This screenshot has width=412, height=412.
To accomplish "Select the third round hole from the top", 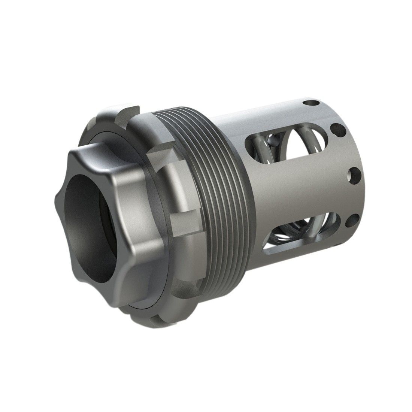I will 352,175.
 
